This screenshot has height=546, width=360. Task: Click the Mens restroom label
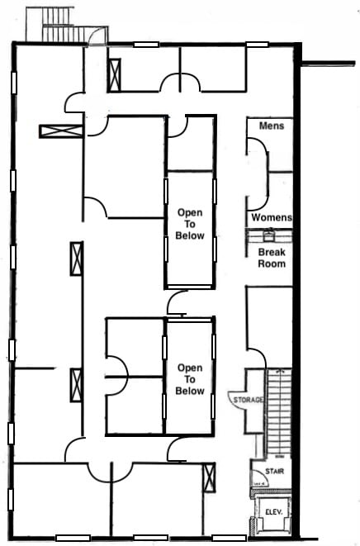[x=272, y=126]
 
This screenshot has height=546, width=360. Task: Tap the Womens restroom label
[x=272, y=217]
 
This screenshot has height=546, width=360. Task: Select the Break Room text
[x=272, y=258]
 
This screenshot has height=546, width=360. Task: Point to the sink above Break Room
[x=269, y=235]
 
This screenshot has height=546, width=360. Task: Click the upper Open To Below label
[x=190, y=224]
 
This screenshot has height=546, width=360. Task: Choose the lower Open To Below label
[x=190, y=379]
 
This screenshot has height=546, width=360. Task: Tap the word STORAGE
[x=249, y=400]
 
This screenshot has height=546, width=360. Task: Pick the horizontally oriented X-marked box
[x=60, y=131]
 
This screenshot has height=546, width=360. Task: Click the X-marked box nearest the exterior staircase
[x=114, y=74]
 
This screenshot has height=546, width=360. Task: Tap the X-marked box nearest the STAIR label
[x=209, y=476]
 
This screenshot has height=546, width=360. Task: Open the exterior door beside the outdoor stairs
[x=97, y=36]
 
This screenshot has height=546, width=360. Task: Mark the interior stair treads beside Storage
[x=278, y=413]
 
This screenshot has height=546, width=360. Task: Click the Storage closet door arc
[x=237, y=400]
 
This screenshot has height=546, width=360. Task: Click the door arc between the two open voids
[x=176, y=304]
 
